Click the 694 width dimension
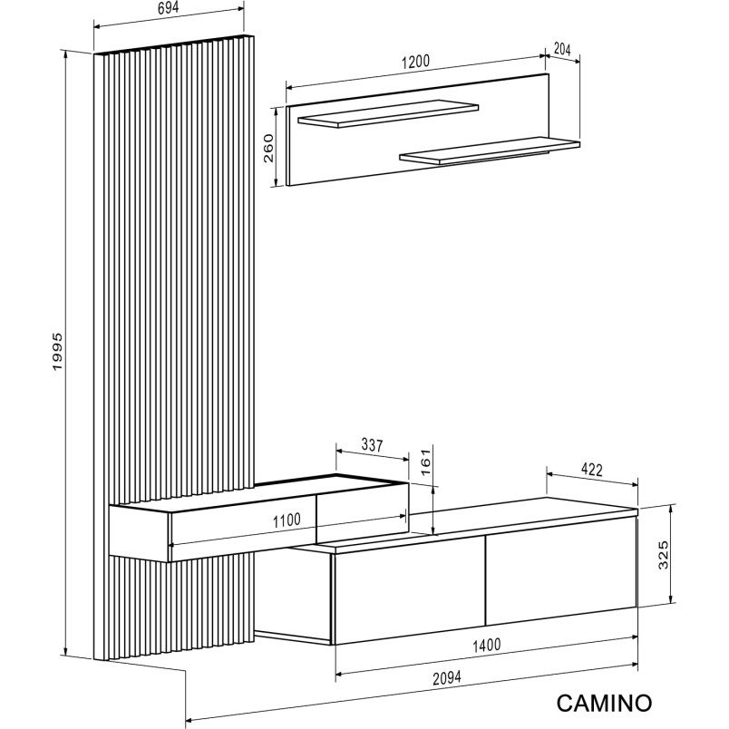tap(168, 8)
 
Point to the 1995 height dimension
tap(57, 352)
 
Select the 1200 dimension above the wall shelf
tap(415, 62)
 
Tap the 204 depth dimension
tap(562, 48)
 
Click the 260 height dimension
tap(268, 148)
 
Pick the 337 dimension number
tap(372, 445)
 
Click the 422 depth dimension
tap(592, 470)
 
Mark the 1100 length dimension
tap(287, 520)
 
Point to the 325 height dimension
tap(664, 554)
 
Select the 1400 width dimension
tap(486, 646)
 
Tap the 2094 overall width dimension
tap(447, 678)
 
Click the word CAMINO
tap(604, 703)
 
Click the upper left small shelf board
tap(388, 113)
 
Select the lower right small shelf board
tap(490, 151)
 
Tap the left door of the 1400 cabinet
tap(409, 590)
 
